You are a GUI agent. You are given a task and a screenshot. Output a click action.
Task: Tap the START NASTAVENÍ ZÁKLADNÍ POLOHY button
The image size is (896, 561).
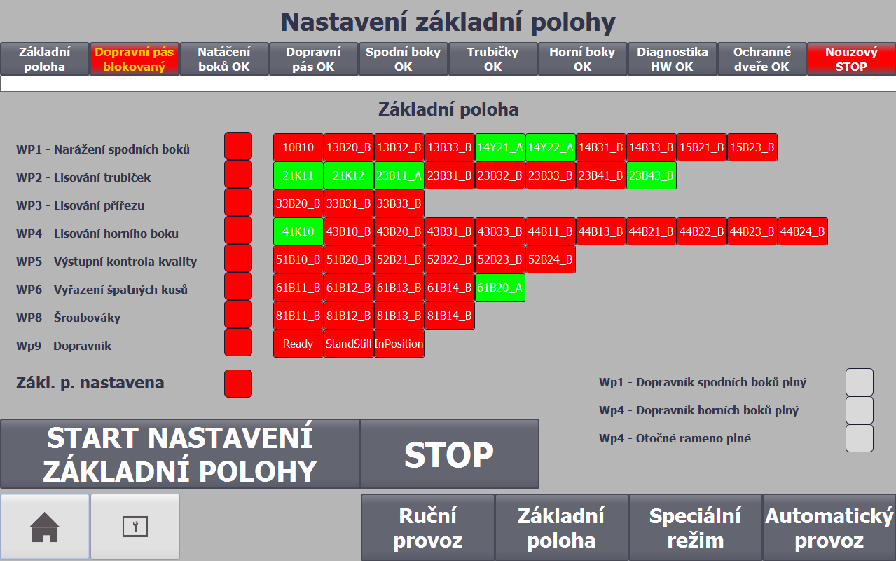click(x=180, y=454)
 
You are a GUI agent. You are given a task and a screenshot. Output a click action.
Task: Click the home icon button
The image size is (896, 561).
click(x=44, y=527)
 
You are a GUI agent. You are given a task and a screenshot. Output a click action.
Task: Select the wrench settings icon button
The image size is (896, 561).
click(x=135, y=527)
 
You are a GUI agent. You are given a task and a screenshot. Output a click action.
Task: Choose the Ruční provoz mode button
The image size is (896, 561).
click(x=427, y=527)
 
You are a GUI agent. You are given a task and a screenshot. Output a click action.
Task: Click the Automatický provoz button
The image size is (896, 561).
click(x=829, y=527)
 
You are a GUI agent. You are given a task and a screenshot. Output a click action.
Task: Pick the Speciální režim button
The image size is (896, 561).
click(x=695, y=527)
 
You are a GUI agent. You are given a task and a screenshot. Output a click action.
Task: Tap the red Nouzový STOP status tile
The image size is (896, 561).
click(x=851, y=59)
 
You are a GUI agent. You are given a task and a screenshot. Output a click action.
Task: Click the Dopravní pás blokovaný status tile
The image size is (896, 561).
click(x=135, y=59)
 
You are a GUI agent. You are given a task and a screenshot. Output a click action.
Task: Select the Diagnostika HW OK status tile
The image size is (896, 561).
click(x=672, y=59)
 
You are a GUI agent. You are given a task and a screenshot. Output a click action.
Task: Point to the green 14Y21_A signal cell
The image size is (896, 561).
click(x=500, y=147)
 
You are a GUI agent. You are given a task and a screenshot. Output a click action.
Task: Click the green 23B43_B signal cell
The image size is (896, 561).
click(x=652, y=175)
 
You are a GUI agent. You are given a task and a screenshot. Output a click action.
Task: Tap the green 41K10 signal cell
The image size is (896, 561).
click(x=298, y=231)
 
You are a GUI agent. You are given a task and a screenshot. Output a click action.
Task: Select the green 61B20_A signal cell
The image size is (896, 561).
click(x=500, y=288)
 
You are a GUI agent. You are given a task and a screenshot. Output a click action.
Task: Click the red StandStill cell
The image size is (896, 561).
click(x=348, y=344)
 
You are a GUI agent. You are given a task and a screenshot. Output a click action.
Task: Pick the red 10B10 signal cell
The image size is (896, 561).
click(x=298, y=147)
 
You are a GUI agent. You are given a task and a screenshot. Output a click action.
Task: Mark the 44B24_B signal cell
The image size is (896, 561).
click(x=802, y=231)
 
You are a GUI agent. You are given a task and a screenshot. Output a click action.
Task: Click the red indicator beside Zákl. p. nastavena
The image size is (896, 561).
click(x=238, y=384)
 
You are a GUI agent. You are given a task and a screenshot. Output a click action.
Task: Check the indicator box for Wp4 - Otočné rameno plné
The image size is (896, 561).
click(x=859, y=438)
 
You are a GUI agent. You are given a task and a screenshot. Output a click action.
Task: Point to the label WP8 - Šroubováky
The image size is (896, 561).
click(x=68, y=317)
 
